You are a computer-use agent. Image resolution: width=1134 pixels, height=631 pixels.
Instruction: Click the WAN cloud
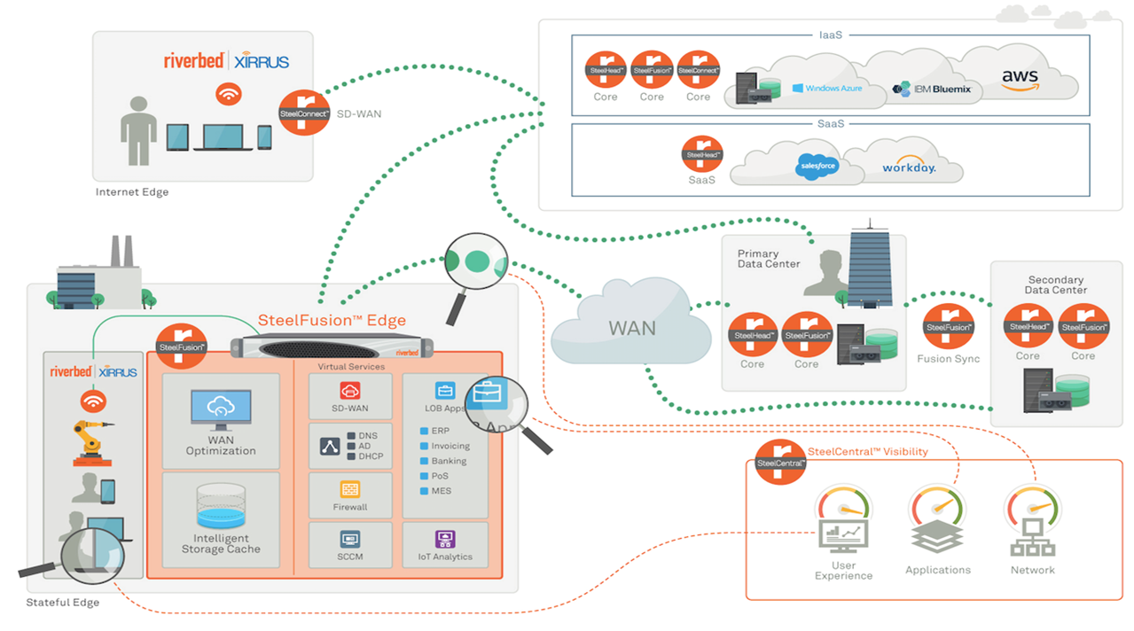(631, 328)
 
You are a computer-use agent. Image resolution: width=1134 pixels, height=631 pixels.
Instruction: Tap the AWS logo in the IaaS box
(1020, 78)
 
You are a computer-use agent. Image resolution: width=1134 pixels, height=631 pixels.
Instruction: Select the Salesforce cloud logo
(817, 166)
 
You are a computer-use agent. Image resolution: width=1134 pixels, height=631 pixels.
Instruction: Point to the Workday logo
(909, 167)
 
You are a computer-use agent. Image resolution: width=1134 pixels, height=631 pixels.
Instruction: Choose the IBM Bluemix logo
(931, 89)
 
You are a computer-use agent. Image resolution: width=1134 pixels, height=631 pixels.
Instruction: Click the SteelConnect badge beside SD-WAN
(304, 112)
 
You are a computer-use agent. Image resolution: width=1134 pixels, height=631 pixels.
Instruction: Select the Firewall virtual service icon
(350, 489)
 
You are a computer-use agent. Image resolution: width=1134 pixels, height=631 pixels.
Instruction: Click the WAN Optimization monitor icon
(220, 409)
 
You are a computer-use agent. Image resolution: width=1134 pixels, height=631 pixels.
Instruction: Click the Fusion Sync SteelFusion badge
(949, 328)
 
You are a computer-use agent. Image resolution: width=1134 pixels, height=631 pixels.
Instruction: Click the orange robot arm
(91, 440)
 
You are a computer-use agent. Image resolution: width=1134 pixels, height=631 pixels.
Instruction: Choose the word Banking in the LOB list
(449, 461)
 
